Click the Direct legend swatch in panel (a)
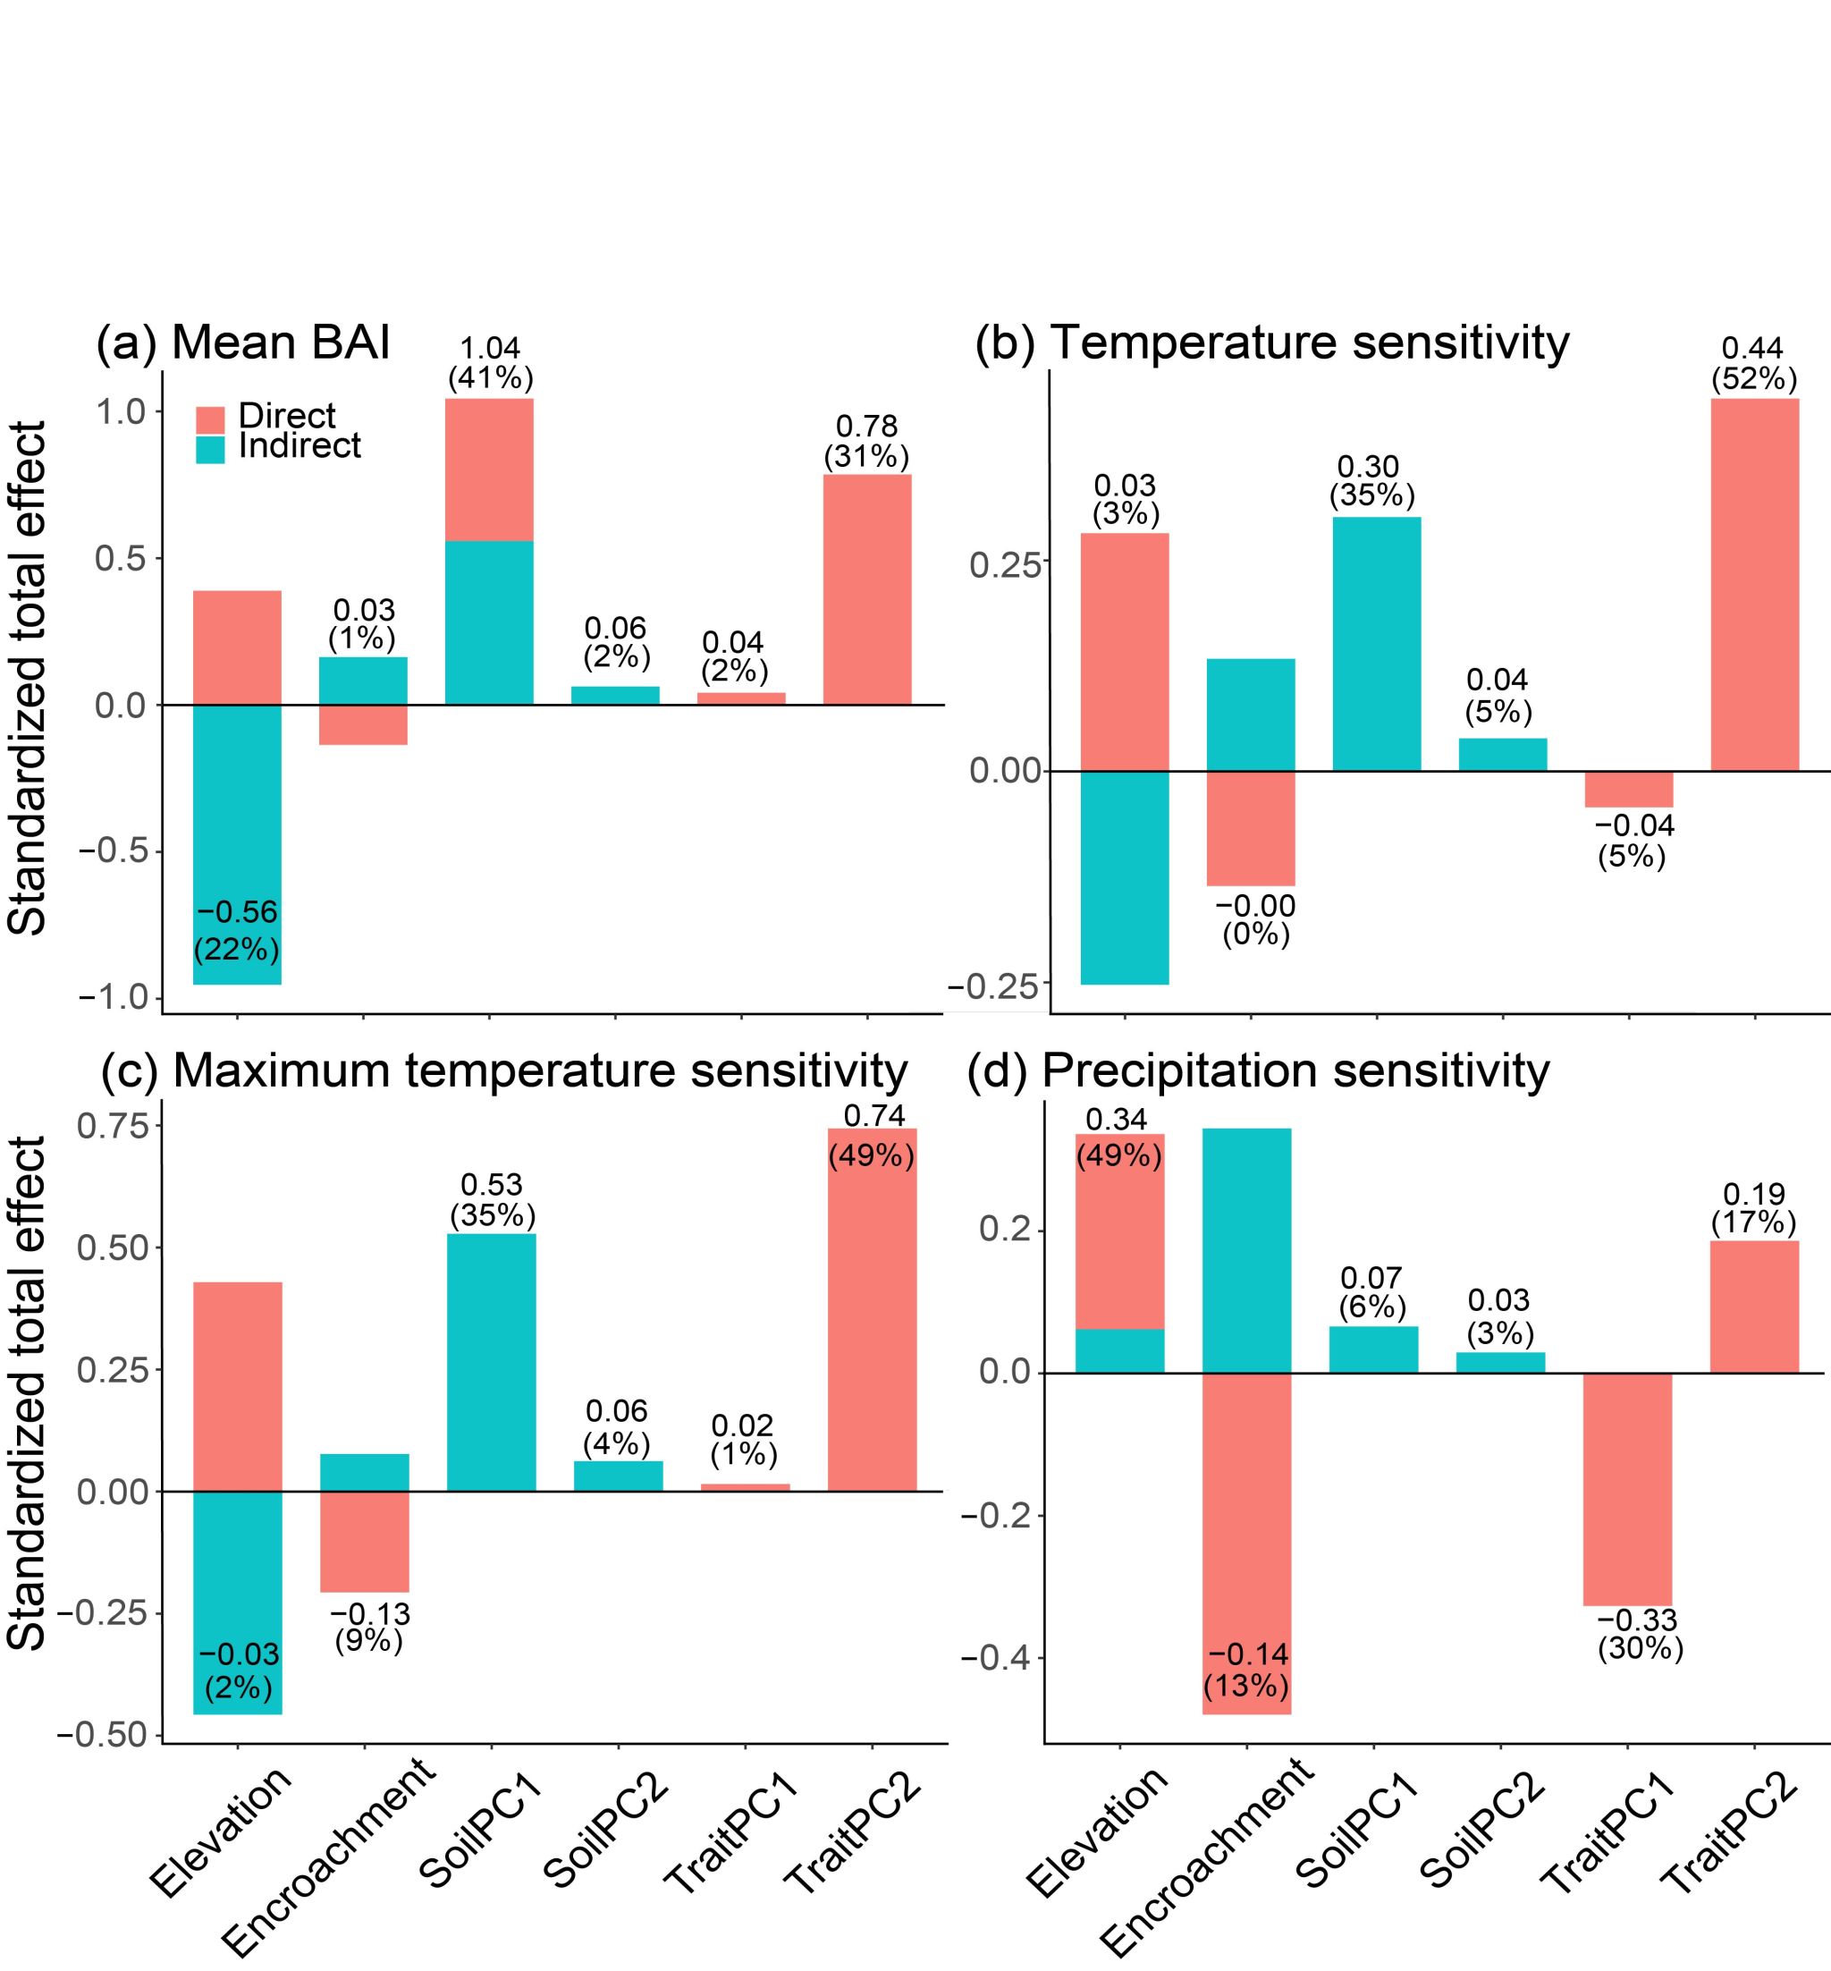click(210, 419)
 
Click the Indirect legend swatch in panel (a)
click(210, 449)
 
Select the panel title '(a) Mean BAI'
click(243, 343)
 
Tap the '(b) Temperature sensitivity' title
click(1271, 343)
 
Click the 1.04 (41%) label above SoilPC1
click(491, 363)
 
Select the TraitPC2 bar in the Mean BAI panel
click(867, 589)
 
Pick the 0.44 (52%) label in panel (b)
click(1754, 363)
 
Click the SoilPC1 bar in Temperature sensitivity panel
click(1376, 643)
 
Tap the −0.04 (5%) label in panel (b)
click(1632, 841)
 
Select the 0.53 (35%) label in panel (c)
click(493, 1200)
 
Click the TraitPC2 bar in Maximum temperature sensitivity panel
click(872, 1308)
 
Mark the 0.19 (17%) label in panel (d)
click(1754, 1208)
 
